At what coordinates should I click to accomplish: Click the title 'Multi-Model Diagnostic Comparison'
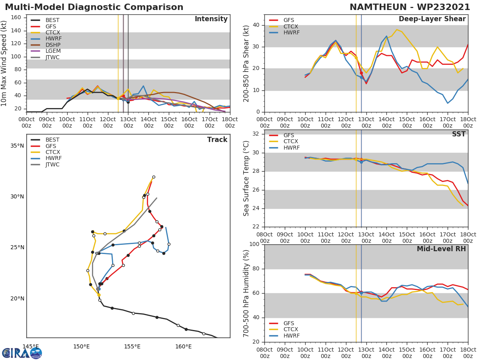point(94,7)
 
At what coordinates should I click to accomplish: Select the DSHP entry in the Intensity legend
point(52,45)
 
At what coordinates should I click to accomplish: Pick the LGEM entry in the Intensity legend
point(52,51)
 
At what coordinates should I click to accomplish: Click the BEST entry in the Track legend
point(52,140)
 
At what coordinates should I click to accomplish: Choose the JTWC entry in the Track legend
point(52,164)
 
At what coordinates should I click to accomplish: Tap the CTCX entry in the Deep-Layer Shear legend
point(290,26)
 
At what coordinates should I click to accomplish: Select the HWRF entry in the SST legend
point(291,148)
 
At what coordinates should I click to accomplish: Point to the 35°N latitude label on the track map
point(17,146)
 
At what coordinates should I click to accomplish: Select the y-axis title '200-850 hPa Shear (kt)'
point(246,63)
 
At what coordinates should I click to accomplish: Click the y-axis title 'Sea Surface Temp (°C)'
point(246,178)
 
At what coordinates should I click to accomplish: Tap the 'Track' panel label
point(217,140)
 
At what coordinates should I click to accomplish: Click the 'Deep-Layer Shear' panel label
point(432,19)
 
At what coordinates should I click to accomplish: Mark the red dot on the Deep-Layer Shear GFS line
point(361,73)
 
